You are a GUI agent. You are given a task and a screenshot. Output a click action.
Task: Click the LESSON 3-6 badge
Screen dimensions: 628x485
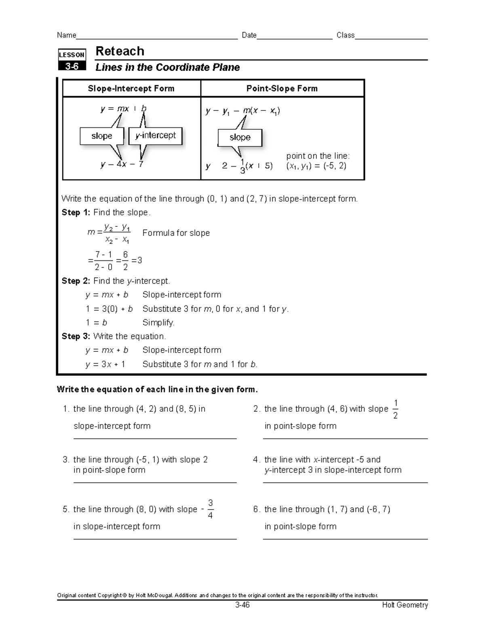click(x=72, y=60)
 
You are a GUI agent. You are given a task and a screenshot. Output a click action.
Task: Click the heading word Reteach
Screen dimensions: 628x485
click(x=120, y=51)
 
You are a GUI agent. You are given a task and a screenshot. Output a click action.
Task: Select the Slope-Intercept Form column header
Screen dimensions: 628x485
click(x=131, y=89)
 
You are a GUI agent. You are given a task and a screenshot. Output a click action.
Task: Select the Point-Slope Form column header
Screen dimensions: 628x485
click(x=282, y=89)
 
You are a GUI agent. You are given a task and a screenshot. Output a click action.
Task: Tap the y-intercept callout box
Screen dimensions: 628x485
click(x=156, y=136)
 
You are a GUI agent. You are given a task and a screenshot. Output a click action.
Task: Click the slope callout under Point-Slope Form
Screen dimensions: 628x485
click(x=240, y=137)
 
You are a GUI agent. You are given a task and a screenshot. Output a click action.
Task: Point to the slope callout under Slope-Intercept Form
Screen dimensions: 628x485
click(x=101, y=136)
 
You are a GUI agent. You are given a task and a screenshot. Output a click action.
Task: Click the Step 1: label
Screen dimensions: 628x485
click(x=76, y=213)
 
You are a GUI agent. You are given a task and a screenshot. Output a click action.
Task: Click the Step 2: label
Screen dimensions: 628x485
click(x=76, y=281)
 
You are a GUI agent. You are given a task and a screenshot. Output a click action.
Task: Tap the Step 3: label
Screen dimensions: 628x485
click(x=76, y=336)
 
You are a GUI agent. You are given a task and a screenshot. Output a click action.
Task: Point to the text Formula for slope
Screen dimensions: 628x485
click(x=176, y=233)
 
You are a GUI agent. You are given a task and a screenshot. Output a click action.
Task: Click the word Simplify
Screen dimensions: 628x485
click(x=158, y=323)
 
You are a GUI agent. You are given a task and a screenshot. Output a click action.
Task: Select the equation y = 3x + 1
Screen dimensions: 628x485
click(x=105, y=364)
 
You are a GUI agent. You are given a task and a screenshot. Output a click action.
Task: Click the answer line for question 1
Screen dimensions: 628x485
click(x=155, y=438)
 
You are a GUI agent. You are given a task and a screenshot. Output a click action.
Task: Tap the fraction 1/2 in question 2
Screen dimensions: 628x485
click(x=395, y=409)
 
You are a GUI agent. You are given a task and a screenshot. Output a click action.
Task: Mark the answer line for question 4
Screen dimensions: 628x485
click(x=345, y=482)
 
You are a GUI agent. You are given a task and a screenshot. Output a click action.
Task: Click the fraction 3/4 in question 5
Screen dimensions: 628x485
click(x=210, y=509)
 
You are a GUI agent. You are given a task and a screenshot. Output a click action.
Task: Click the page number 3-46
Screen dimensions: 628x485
click(x=242, y=605)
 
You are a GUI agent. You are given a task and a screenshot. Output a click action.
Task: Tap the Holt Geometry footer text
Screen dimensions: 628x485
click(x=405, y=605)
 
